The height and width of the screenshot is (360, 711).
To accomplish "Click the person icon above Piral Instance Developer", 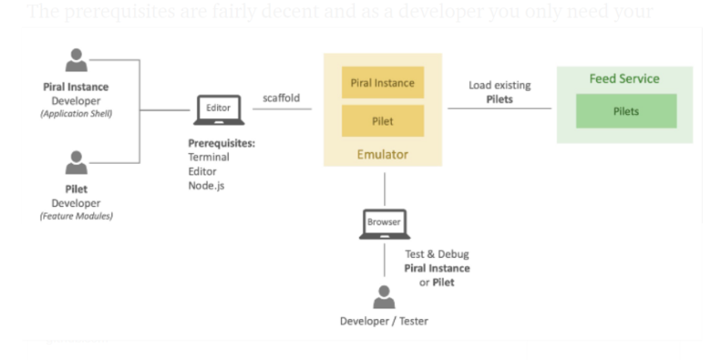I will (77, 61).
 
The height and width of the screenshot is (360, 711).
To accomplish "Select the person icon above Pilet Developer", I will (77, 163).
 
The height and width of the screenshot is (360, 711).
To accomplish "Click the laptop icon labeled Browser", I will (384, 224).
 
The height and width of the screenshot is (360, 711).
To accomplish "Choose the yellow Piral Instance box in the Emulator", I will (383, 83).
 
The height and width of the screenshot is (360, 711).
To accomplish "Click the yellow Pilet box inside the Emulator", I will (383, 121).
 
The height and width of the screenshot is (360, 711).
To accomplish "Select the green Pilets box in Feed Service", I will (625, 111).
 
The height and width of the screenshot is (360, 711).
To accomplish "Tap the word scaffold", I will (281, 98).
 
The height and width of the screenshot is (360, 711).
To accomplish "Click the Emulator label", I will (383, 154).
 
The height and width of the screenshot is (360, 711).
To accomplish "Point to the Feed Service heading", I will (624, 79).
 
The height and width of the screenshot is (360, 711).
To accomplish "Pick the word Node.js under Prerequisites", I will (205, 185).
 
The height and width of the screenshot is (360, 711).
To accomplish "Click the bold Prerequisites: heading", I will (221, 143).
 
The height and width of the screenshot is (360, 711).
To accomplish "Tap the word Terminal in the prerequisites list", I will (208, 157).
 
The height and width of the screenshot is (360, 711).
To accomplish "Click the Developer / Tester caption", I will (383, 322).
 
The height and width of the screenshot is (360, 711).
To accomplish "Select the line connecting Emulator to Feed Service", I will (499, 108).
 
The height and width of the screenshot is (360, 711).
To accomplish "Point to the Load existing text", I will (499, 85).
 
